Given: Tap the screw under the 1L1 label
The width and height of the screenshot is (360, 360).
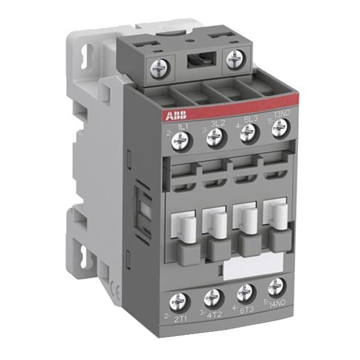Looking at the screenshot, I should pos(179,142).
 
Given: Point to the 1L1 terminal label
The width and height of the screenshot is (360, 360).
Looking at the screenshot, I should pos(184,128).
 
